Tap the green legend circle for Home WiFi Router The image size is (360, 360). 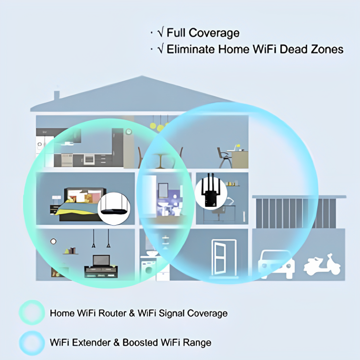[32, 313]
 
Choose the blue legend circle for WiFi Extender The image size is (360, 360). [32, 343]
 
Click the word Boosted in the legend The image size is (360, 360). [142, 343]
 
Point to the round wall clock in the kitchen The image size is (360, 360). [128, 132]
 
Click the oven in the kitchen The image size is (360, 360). [90, 158]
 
